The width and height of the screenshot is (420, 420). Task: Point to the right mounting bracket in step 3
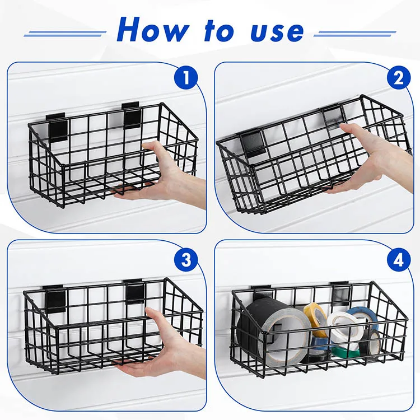pyautogui.click(x=136, y=291)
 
